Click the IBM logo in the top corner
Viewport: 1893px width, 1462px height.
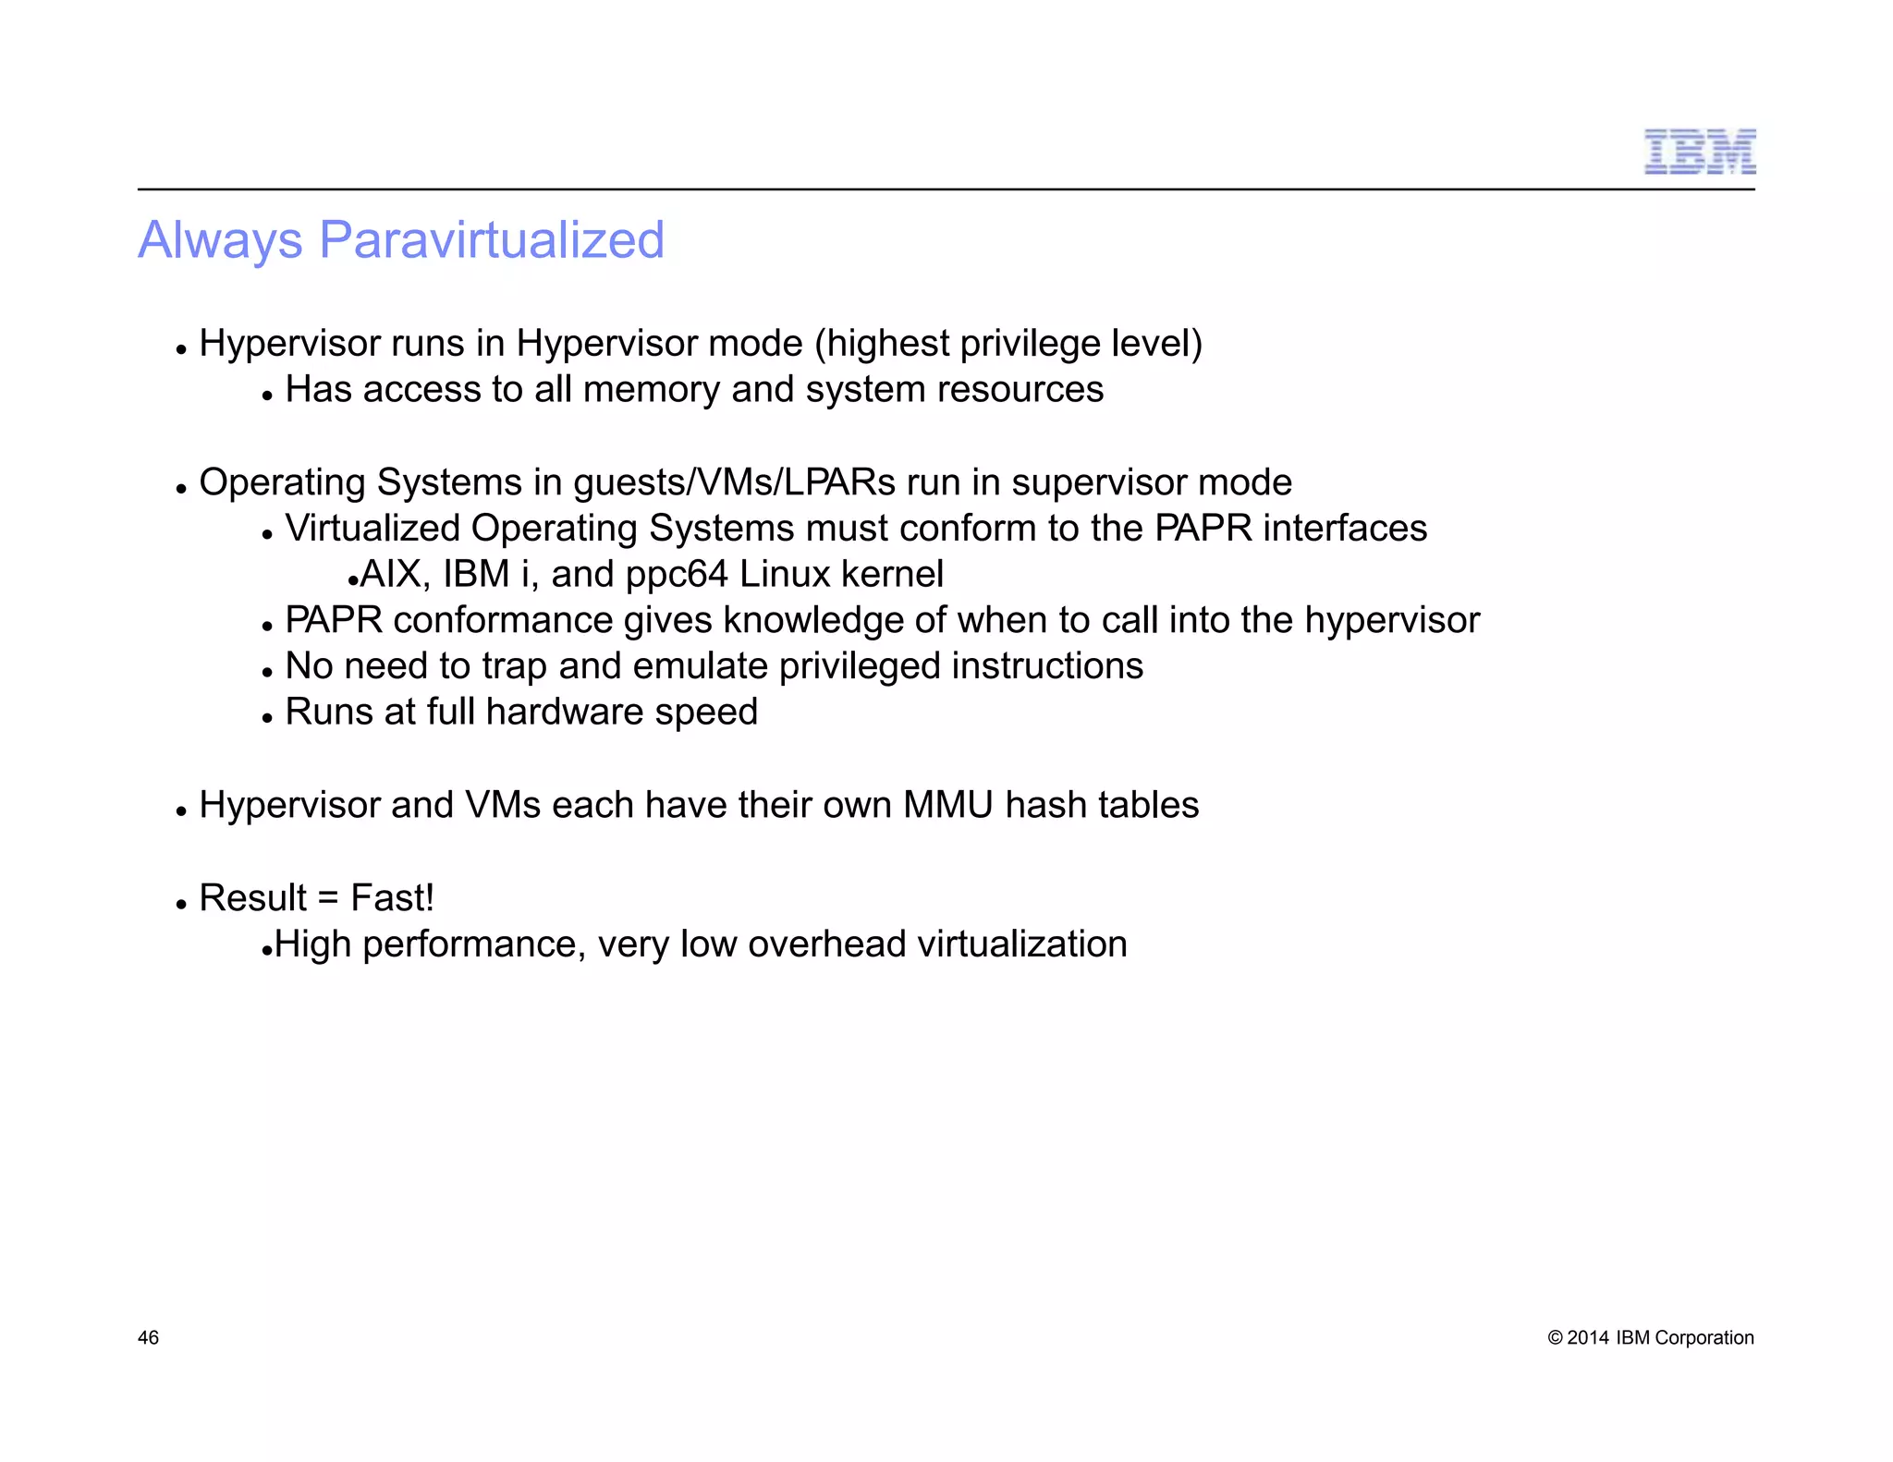pos(1699,152)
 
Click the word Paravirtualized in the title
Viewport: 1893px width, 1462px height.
pos(491,240)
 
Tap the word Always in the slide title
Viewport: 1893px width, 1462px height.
pos(220,240)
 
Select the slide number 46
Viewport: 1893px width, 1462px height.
pos(148,1337)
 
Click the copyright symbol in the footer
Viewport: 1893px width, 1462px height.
pos(1555,1338)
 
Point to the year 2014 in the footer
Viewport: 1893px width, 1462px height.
pos(1588,1338)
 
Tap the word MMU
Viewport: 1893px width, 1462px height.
pos(947,805)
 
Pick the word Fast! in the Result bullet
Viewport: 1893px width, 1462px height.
pos(392,898)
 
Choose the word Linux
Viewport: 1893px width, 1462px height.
pos(785,575)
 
